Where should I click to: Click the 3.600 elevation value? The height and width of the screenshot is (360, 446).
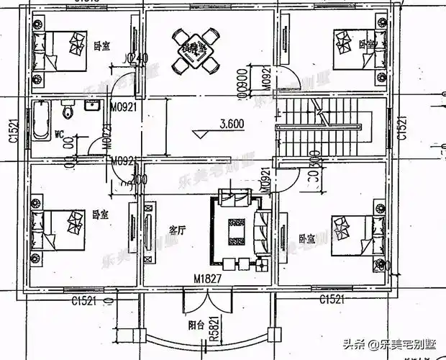click(231, 123)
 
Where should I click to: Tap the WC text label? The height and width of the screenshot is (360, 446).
click(61, 133)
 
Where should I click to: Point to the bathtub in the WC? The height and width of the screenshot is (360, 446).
click(39, 122)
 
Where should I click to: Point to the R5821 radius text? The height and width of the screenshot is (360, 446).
click(214, 328)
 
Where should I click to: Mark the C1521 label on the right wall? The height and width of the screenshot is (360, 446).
click(404, 127)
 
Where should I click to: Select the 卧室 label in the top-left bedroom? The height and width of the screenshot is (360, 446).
click(101, 45)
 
